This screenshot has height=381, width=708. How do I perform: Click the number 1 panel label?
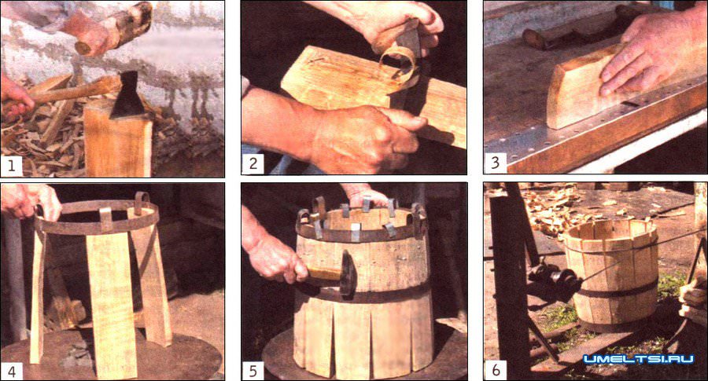11,165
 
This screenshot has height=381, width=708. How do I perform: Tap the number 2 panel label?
253,163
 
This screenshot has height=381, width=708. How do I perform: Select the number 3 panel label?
495,163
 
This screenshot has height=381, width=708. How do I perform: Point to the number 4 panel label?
11,371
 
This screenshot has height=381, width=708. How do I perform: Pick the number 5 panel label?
253,371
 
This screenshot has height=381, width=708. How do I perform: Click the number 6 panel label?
496,370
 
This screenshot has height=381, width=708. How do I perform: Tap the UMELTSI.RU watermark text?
638,359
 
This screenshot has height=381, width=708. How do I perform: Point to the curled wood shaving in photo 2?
397,63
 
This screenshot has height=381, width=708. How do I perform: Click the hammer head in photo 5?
348,273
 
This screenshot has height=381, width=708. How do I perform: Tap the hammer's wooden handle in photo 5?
324,273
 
